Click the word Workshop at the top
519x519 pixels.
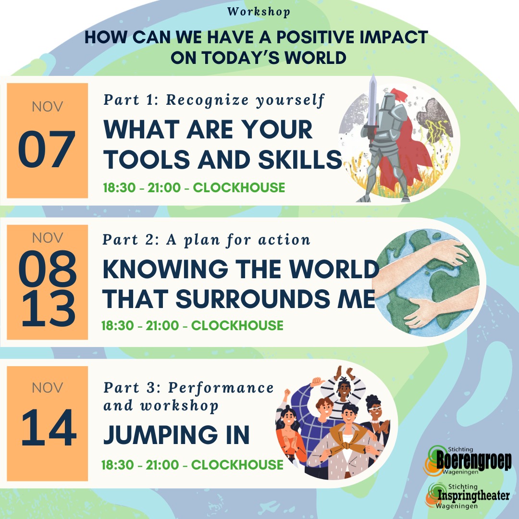click(259, 12)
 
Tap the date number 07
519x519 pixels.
click(47, 149)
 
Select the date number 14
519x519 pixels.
click(49, 427)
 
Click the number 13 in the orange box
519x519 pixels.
click(49, 309)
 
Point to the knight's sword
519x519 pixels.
click(372, 106)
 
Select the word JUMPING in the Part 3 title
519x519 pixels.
click(161, 434)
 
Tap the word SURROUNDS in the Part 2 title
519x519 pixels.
click(253, 299)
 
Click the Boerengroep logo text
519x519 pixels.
click(474, 460)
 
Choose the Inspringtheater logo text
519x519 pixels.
click(474, 495)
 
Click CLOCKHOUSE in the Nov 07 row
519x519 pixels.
click(239, 188)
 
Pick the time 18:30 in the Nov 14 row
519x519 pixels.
click(118, 465)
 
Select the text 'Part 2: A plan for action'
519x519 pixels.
click(206, 240)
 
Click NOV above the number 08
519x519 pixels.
click(47, 238)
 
